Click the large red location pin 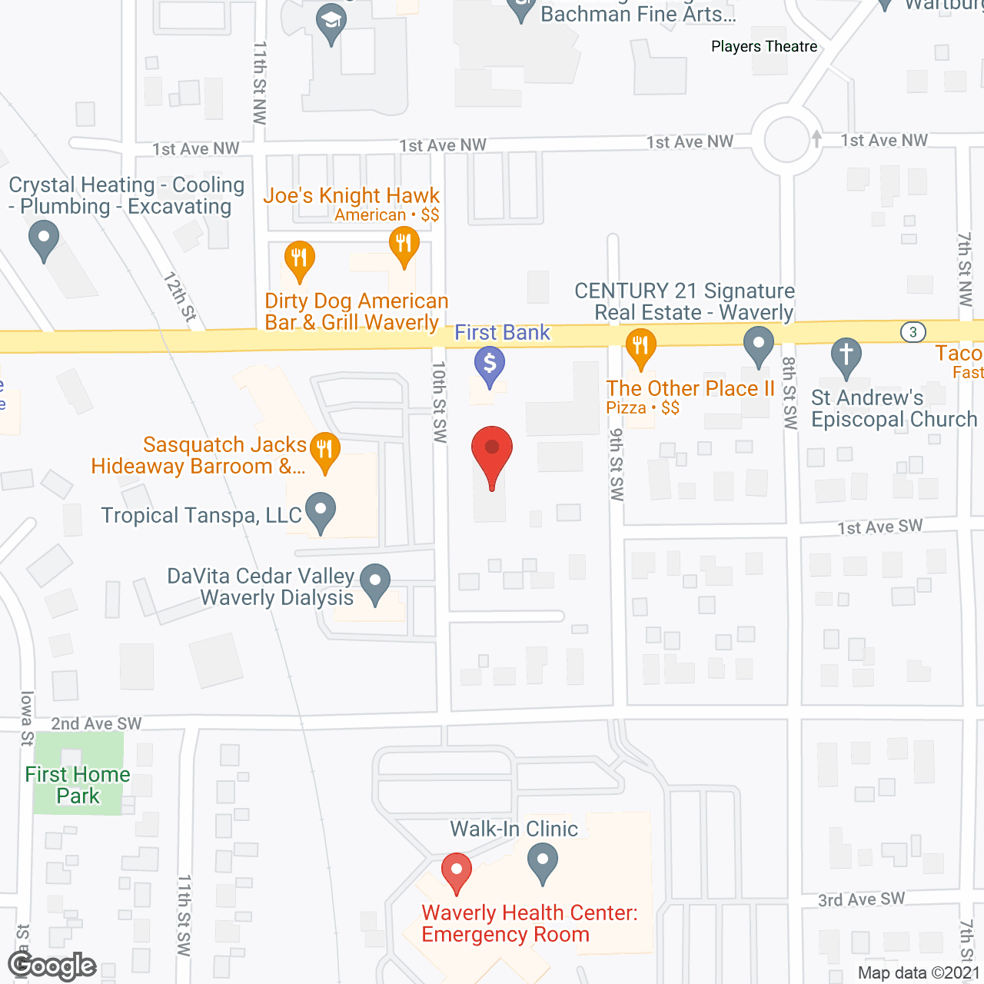491,454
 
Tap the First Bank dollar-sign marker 489,364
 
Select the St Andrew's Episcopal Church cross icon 846,356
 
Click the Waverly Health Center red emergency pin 456,871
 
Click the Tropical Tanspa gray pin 321,510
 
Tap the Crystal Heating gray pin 44,238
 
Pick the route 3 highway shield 913,332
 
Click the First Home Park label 78,785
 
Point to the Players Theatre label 764,46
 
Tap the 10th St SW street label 439,402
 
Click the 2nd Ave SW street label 96,723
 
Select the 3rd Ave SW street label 861,899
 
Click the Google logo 52,966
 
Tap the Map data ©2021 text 919,972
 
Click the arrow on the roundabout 816,139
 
